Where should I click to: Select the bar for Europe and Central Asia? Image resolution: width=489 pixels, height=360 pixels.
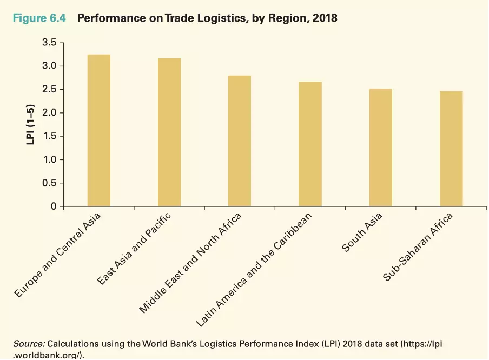pyautogui.click(x=98, y=130)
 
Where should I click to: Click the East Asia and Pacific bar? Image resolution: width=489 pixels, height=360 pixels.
pyautogui.click(x=169, y=132)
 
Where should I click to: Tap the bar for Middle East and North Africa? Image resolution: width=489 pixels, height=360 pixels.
pyautogui.click(x=240, y=141)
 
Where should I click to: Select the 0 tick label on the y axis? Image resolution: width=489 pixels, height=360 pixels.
pyautogui.click(x=54, y=206)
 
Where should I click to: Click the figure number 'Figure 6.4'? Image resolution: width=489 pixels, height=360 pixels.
pyautogui.click(x=38, y=18)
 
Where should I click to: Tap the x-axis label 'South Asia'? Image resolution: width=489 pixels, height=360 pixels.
pyautogui.click(x=362, y=232)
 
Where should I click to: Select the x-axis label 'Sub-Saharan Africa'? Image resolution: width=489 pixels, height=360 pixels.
pyautogui.click(x=418, y=247)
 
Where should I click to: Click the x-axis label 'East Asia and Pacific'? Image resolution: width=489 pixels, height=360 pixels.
pyautogui.click(x=134, y=249)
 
